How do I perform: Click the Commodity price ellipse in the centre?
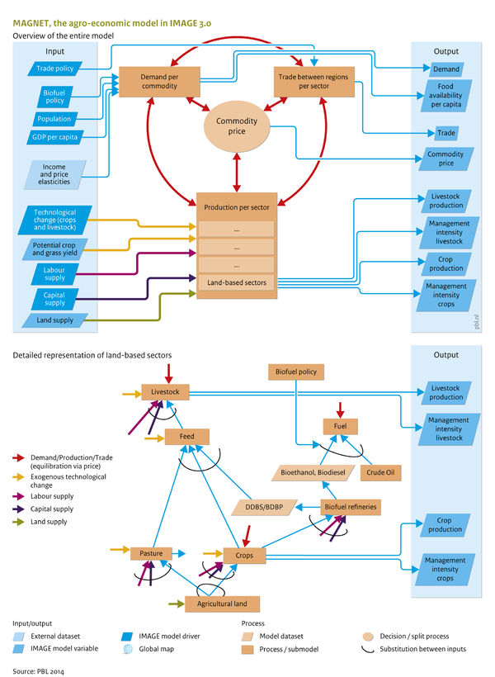coord(238,127)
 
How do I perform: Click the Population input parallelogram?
coord(54,119)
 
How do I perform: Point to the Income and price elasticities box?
coord(55,175)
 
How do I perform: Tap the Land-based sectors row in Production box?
coord(236,283)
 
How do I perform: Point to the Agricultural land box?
coord(221,604)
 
